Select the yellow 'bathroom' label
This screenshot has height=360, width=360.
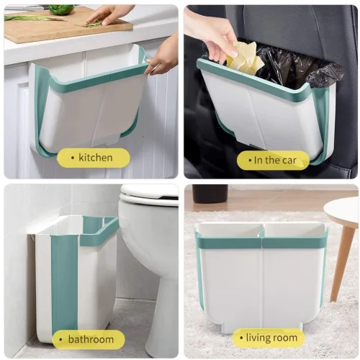(87, 339)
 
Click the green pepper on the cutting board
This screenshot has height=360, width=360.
(62, 9)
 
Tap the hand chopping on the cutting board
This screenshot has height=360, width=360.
(108, 14)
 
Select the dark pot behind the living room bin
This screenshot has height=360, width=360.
(210, 194)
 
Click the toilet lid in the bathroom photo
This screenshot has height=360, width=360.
(149, 192)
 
